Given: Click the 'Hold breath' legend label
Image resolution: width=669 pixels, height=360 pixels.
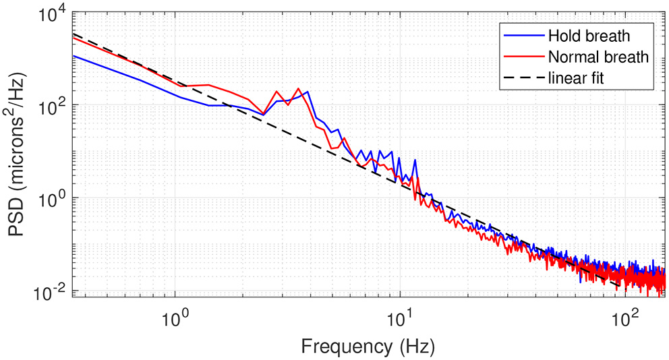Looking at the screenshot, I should pyautogui.click(x=589, y=36).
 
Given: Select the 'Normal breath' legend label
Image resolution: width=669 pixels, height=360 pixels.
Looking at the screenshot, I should pyautogui.click(x=598, y=57).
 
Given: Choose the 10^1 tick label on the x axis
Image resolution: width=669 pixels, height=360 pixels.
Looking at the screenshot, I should pyautogui.click(x=401, y=313).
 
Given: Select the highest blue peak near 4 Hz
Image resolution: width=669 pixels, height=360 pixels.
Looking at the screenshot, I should pyautogui.click(x=308, y=92).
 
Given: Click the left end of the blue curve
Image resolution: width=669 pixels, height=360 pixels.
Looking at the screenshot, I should pyautogui.click(x=74, y=55).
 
